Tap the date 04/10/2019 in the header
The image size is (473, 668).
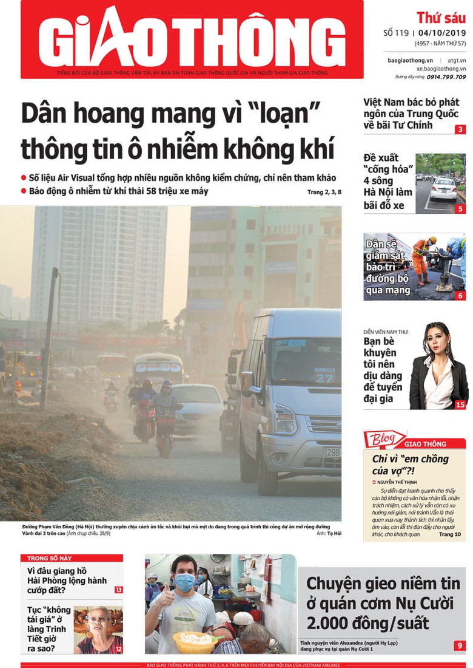pos(440,33)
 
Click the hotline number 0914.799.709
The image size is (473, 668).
pos(446,77)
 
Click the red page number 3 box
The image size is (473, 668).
pos(461,129)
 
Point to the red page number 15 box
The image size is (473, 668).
pos(460,404)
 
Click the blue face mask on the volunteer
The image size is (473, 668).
pos(184,582)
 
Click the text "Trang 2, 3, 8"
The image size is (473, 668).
pos(324,193)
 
